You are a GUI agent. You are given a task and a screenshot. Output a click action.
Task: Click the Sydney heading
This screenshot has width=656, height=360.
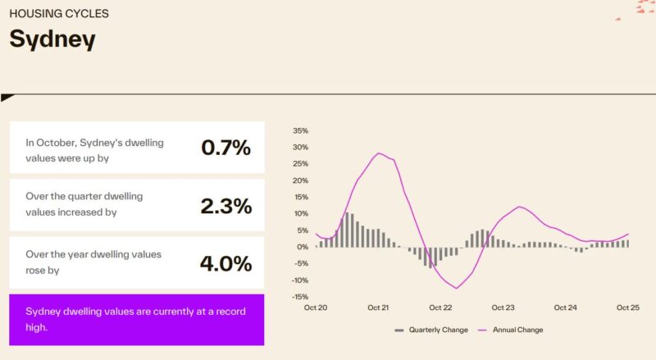tap(52, 39)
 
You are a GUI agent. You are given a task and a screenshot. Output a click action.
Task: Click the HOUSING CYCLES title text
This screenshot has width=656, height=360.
tap(59, 14)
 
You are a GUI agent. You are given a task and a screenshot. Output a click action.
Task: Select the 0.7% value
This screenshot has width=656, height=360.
tap(225, 148)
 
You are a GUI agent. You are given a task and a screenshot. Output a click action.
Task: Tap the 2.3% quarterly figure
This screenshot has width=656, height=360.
tap(225, 206)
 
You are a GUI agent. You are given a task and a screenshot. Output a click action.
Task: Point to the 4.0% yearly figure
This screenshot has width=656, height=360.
tap(225, 263)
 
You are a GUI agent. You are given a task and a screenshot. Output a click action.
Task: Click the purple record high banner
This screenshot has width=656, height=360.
tap(137, 319)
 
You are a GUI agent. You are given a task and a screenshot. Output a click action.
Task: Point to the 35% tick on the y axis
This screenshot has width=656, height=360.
tap(300, 130)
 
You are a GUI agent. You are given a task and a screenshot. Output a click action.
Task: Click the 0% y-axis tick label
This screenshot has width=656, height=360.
tap(303, 247)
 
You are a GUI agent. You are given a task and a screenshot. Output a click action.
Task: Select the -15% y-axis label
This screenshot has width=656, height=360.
tap(300, 297)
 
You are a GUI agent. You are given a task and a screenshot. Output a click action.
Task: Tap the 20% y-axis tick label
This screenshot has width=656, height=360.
tap(300, 180)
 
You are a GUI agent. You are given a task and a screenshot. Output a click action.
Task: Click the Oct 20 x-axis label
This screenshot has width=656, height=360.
tap(316, 308)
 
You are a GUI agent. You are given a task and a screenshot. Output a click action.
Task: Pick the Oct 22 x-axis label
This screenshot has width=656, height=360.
tap(440, 308)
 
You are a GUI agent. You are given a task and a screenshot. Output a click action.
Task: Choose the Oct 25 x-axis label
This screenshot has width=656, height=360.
tap(628, 308)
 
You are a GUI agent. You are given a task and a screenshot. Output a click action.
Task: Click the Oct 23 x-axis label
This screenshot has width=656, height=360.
tap(503, 308)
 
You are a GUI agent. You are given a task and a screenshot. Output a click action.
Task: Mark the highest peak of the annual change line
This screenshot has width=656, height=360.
tap(379, 153)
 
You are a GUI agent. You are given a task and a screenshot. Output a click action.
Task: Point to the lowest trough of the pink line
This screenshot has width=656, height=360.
tap(456, 288)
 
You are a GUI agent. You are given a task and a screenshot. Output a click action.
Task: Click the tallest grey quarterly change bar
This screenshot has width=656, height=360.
tap(347, 230)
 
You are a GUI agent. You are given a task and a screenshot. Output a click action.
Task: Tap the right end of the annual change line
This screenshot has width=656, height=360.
tap(628, 234)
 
